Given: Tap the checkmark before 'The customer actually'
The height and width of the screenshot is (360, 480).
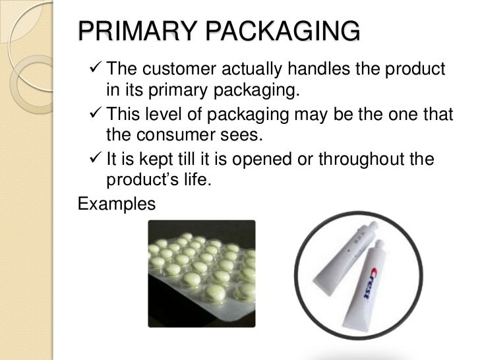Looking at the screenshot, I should click(x=92, y=69).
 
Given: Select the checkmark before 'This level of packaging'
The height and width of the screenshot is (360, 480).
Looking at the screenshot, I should click(x=92, y=115).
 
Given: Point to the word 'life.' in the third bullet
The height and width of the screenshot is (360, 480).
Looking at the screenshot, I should click(x=195, y=181).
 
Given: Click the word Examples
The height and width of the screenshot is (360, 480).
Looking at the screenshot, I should click(x=117, y=204).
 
